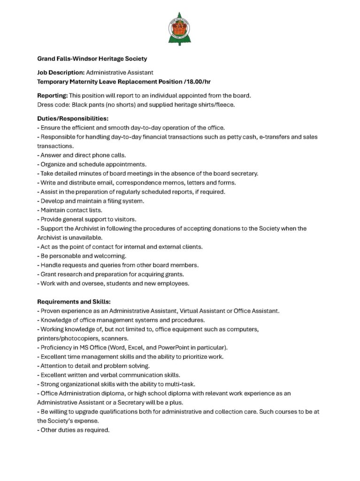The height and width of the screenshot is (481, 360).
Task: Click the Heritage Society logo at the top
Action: point(179,29)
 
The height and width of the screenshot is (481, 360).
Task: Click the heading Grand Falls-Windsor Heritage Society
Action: point(92,59)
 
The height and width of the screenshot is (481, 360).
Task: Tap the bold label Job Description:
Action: point(61,72)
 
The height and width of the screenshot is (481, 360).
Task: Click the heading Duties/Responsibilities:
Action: point(73,118)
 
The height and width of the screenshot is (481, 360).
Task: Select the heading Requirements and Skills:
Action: point(74,302)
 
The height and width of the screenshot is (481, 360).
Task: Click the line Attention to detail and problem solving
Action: point(95,366)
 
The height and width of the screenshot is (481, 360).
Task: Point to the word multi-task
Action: point(172,384)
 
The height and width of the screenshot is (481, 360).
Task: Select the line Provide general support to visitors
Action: point(88,219)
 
